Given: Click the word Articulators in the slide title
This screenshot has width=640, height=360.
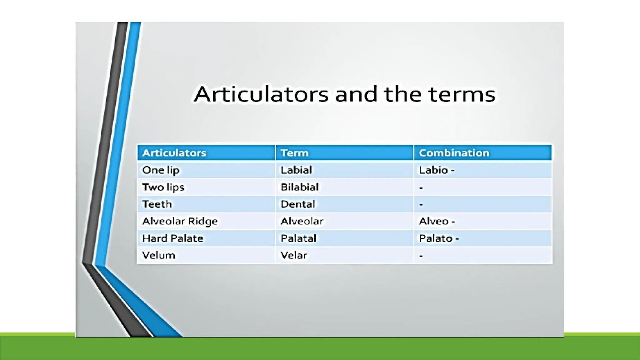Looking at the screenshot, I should click(261, 94).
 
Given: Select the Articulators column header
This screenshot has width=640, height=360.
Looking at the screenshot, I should click(174, 153).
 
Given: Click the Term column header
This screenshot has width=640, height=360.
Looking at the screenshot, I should click(294, 153).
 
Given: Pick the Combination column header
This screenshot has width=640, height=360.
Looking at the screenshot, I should click(454, 153).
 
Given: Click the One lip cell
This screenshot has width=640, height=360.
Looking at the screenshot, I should click(161, 170).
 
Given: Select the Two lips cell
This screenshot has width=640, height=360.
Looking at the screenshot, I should click(163, 187).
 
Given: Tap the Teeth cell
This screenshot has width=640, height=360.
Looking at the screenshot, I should click(157, 204).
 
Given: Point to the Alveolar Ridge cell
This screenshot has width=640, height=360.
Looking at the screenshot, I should click(180, 221).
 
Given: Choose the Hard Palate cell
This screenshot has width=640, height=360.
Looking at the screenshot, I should click(172, 238).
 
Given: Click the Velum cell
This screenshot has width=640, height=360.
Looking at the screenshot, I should click(158, 255).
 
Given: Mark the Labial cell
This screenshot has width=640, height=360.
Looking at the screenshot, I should click(296, 170).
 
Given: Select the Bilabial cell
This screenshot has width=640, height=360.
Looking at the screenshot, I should click(299, 187).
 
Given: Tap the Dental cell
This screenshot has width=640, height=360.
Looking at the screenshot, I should click(297, 204).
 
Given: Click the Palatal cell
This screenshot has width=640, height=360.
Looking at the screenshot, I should click(298, 238).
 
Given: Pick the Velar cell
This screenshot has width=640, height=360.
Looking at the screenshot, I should click(294, 255).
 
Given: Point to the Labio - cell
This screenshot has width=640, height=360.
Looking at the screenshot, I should click(436, 170).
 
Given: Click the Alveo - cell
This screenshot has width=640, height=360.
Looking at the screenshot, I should click(437, 221).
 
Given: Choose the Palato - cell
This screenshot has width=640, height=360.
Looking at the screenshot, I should click(438, 238).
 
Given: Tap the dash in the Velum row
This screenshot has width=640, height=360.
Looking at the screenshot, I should click(421, 256).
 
